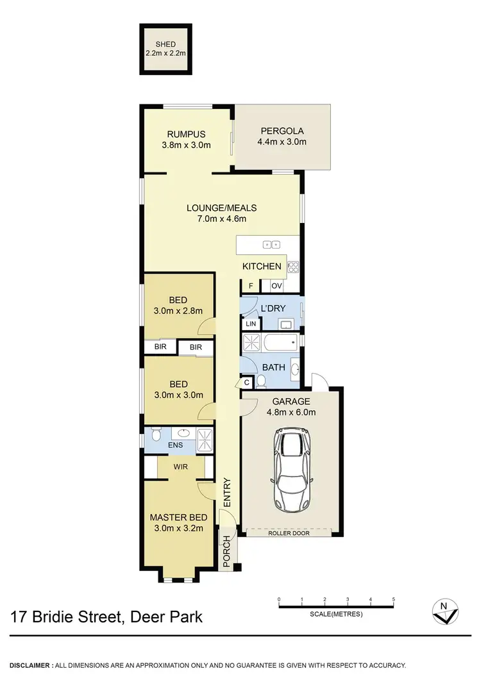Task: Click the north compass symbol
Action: pyautogui.click(x=443, y=612)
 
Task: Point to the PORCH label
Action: pyautogui.click(x=227, y=550)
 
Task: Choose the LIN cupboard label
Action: pyautogui.click(x=250, y=324)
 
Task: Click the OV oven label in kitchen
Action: pyautogui.click(x=276, y=286)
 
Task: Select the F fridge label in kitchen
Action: pyautogui.click(x=251, y=286)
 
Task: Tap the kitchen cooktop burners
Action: pyautogui.click(x=293, y=266)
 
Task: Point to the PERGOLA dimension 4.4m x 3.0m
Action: pyautogui.click(x=282, y=142)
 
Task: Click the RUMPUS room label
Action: pyautogui.click(x=186, y=134)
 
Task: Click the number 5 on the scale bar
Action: pyautogui.click(x=392, y=600)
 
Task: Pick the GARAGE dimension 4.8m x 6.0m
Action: pyautogui.click(x=291, y=412)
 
